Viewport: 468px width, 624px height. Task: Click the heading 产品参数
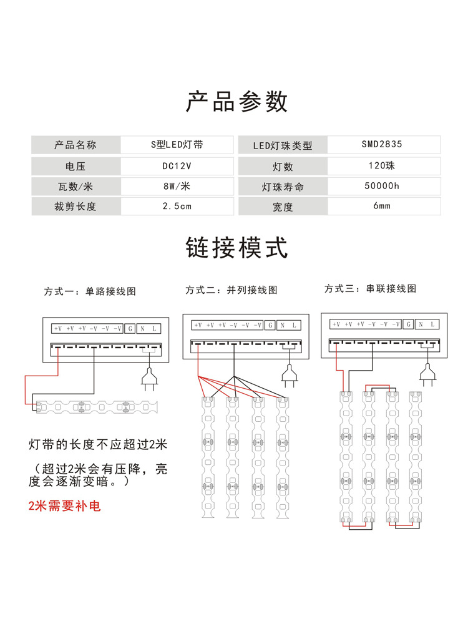(237, 101)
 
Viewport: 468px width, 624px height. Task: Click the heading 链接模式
(237, 248)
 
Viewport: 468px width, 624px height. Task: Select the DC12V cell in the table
(177, 167)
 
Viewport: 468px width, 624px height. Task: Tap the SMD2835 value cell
(382, 144)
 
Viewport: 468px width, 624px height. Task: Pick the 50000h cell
(382, 186)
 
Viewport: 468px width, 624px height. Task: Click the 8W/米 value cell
(177, 186)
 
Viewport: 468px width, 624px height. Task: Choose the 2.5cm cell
(177, 206)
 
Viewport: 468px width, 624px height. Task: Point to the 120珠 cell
(382, 167)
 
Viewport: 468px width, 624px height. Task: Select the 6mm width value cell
(382, 206)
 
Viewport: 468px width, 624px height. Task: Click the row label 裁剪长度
(76, 206)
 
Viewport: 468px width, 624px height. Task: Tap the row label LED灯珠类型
(282, 145)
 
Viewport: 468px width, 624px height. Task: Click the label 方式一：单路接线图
(90, 291)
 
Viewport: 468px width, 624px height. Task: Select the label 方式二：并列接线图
(232, 290)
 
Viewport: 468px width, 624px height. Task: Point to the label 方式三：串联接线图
(371, 288)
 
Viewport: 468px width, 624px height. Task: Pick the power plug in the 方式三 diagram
(427, 373)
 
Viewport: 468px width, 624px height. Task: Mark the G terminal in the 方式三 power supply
(408, 324)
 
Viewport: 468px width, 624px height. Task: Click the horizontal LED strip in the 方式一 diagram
(97, 406)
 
